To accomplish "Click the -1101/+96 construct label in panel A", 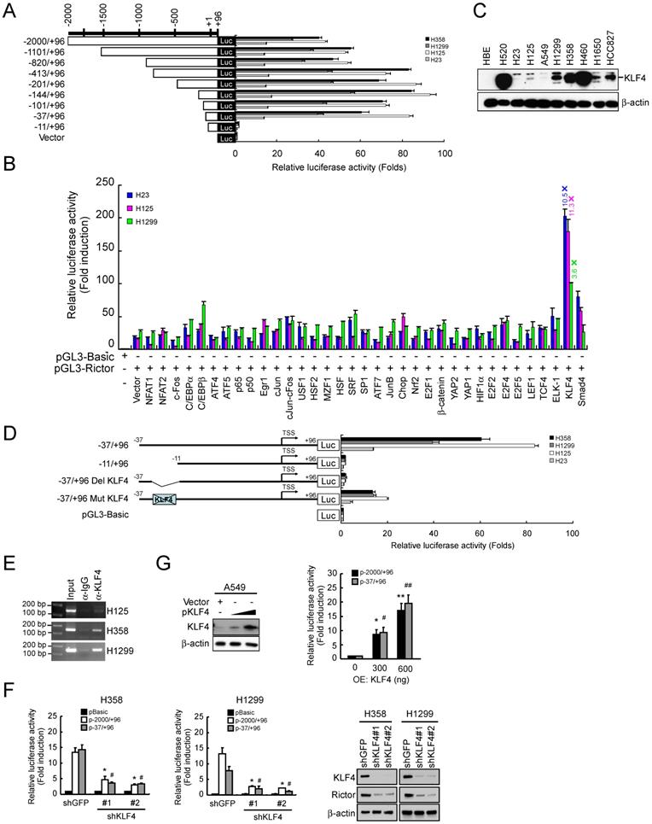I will coord(34,51).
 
